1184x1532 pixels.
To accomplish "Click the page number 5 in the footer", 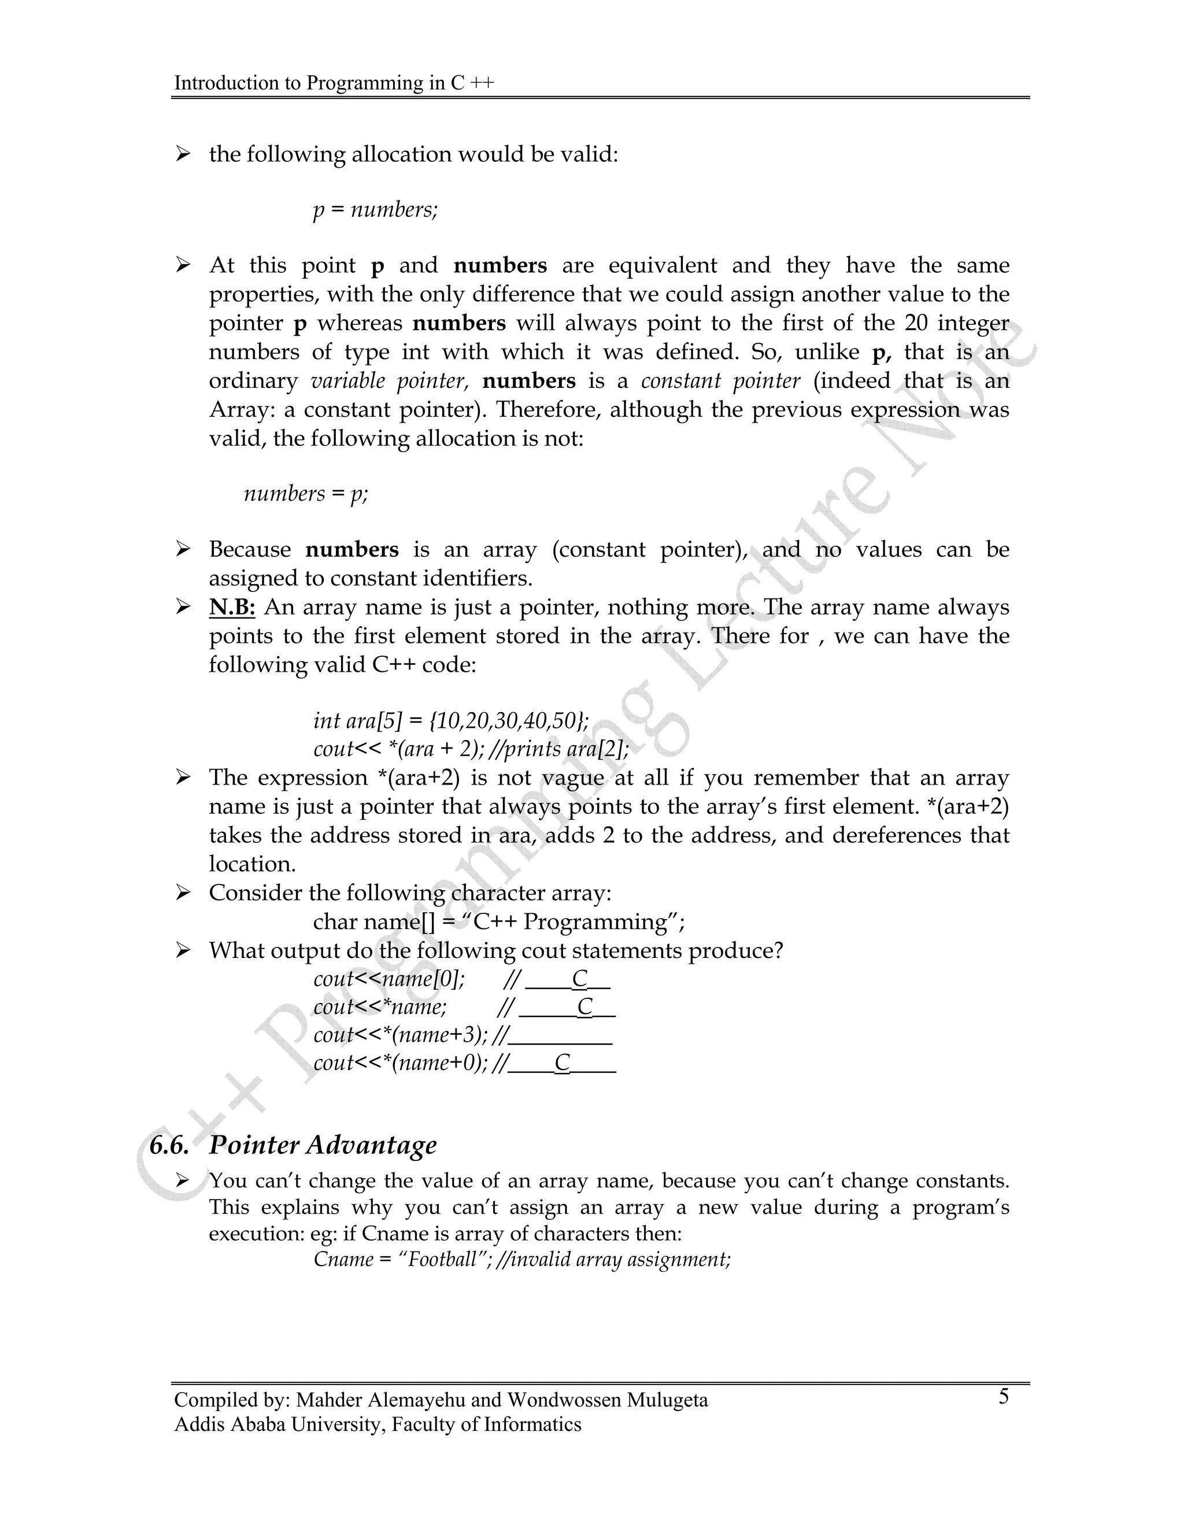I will pyautogui.click(x=1004, y=1397).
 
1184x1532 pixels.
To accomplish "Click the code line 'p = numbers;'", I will pyautogui.click(x=375, y=210).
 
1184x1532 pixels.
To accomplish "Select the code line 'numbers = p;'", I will pyautogui.click(x=306, y=494).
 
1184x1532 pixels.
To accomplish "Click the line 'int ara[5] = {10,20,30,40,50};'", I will pyautogui.click(x=451, y=720).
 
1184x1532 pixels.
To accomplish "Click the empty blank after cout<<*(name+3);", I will pyautogui.click(x=561, y=1035).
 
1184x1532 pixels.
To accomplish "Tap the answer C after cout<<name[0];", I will pyautogui.click(x=579, y=979).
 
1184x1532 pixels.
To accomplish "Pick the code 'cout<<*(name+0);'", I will pyautogui.click(x=401, y=1063).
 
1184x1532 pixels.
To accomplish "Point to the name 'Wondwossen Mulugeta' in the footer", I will pyautogui.click(x=608, y=1400).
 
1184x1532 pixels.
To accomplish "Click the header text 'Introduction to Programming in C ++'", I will pyautogui.click(x=334, y=83).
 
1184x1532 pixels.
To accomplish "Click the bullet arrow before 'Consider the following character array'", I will pyautogui.click(x=183, y=893).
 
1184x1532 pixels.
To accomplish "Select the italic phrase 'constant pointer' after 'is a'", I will pyautogui.click(x=720, y=381).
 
